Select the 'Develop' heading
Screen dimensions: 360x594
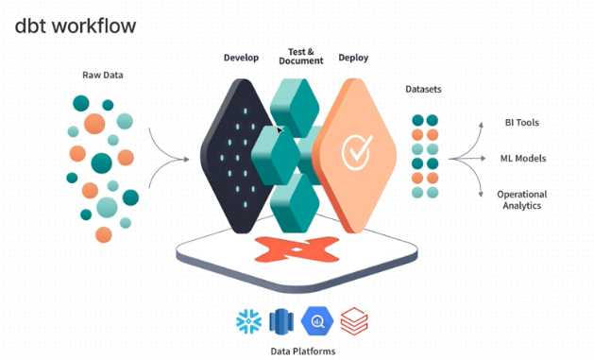(x=241, y=58)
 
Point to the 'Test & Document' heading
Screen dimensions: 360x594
(x=301, y=55)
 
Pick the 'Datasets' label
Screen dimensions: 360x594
(x=424, y=91)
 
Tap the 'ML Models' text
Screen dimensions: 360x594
(x=522, y=159)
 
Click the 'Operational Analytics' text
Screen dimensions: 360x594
(x=521, y=199)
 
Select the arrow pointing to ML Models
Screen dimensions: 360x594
(x=475, y=159)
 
